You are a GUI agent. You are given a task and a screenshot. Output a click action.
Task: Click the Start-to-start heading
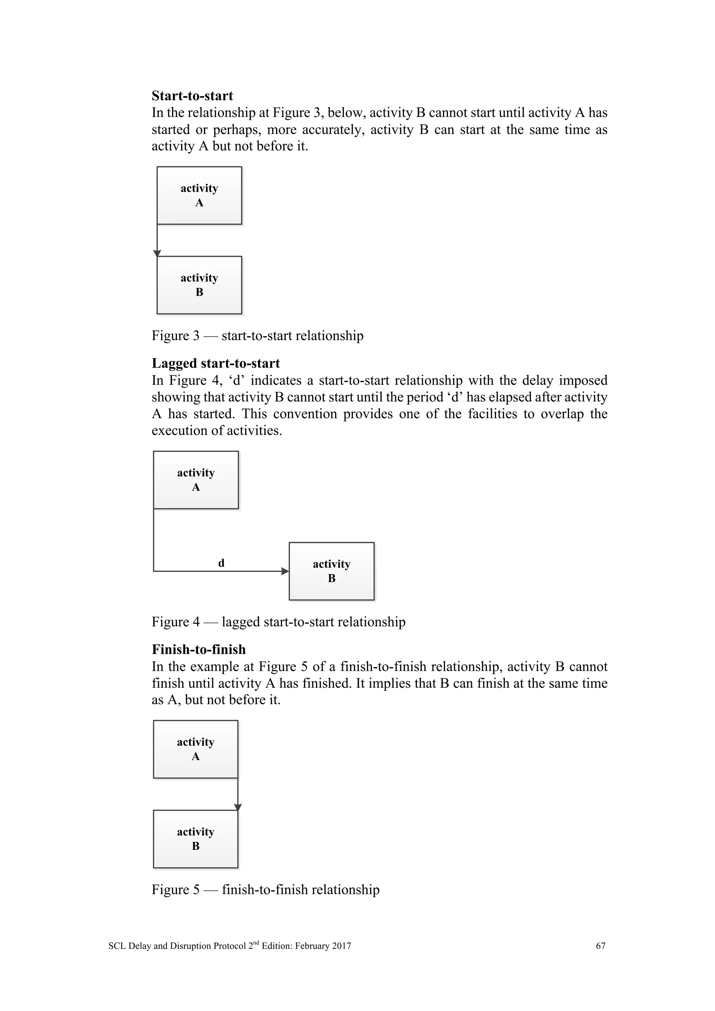192,96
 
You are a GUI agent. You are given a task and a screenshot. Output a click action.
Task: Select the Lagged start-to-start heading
216,363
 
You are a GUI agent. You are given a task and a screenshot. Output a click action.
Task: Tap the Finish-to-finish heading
199,649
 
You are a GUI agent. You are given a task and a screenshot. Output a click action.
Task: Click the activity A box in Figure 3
199,195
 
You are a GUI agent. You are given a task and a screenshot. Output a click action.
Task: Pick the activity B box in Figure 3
199,285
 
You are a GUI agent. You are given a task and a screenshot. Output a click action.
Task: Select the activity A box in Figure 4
196,480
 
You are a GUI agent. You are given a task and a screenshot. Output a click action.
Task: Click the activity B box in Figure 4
332,571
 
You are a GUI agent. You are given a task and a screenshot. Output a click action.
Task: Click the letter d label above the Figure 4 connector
221,563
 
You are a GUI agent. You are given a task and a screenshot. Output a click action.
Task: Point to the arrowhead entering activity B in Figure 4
285,571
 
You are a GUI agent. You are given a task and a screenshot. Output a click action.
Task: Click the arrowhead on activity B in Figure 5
238,807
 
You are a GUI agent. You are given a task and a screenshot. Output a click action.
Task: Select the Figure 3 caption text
258,336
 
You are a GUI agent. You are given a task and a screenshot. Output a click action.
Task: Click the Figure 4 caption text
278,622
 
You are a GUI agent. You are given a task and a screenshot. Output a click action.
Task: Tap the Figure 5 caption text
265,890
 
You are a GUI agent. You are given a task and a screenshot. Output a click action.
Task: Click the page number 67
600,946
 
